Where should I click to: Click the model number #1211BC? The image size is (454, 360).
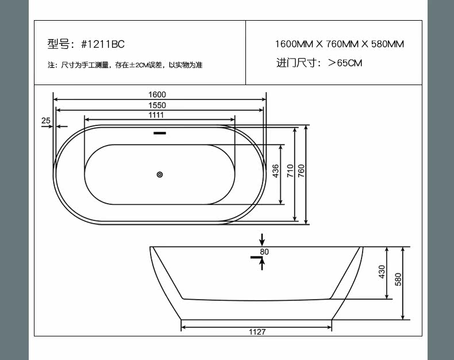(x=103, y=44)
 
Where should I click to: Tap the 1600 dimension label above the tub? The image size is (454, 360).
(x=157, y=94)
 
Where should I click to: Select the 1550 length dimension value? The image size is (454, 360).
(x=157, y=105)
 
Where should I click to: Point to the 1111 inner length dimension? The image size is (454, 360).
(x=156, y=115)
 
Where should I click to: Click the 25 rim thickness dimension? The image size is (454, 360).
(x=46, y=120)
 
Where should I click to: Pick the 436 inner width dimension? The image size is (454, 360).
(x=276, y=171)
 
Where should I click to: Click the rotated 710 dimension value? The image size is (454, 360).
(x=290, y=171)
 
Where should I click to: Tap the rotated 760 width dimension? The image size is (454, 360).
(x=301, y=171)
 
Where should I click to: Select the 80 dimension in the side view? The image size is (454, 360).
(x=264, y=252)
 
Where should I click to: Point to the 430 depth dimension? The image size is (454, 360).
(x=382, y=272)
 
